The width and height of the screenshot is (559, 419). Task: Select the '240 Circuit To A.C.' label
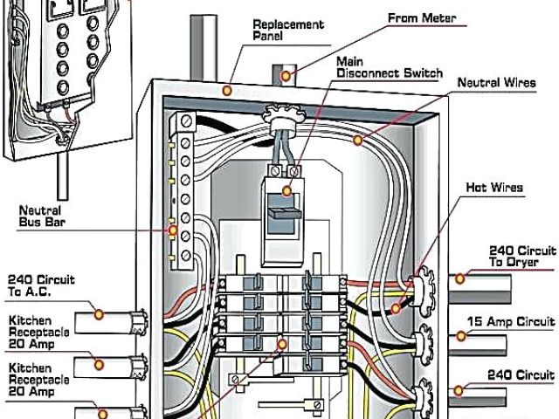pos(42,285)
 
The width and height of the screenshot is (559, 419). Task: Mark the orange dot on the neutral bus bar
pos(173,231)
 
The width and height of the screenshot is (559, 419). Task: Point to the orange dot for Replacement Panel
pos(227,89)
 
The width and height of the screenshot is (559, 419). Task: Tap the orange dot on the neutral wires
pos(356,140)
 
